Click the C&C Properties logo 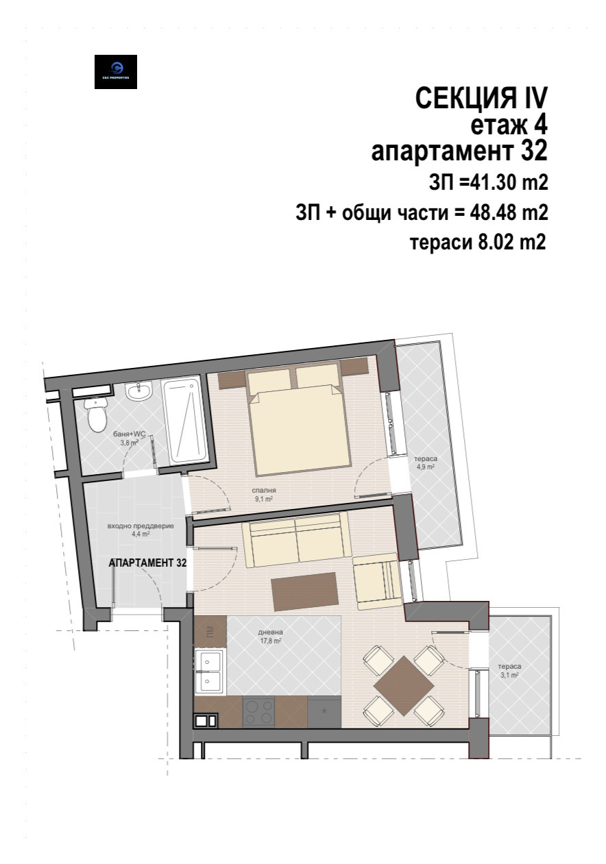115,72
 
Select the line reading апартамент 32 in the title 459,150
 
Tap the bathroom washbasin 141,393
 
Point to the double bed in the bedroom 299,425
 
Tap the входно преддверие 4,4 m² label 141,531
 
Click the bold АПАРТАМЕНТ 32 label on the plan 148,562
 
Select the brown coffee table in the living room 305,591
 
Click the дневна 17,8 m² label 271,637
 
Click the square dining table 404,687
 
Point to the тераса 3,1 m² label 509,670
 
